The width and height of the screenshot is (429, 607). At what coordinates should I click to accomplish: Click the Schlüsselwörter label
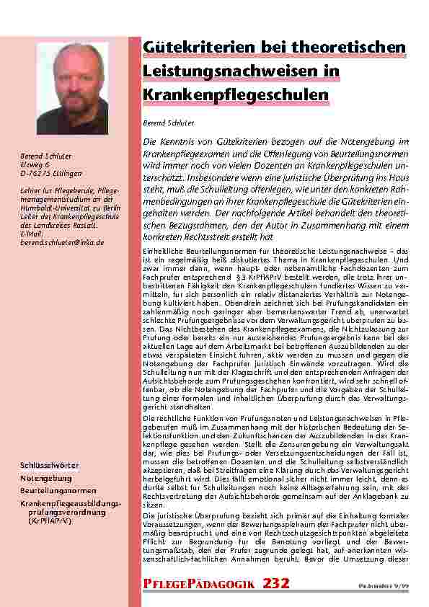tap(49, 466)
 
